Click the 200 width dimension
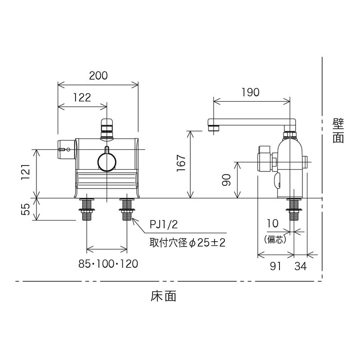click(x=98, y=76)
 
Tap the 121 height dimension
click(x=26, y=171)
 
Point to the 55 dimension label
click(x=26, y=209)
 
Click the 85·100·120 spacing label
click(x=108, y=264)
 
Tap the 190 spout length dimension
click(x=250, y=92)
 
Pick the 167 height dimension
click(x=180, y=164)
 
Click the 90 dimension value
click(x=226, y=180)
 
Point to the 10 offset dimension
click(x=273, y=223)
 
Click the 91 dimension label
click(x=275, y=266)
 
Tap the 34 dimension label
click(x=301, y=266)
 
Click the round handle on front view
click(x=107, y=162)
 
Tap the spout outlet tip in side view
click(x=214, y=128)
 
